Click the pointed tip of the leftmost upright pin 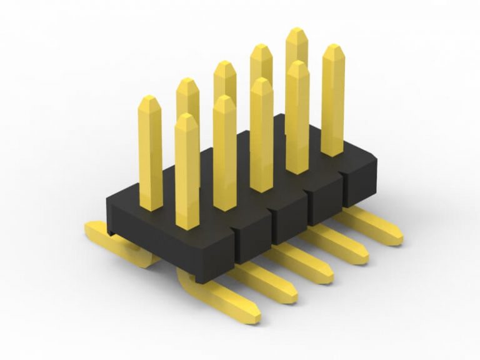[x=149, y=99]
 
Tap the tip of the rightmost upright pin [x=333, y=47]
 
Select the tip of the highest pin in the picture [x=297, y=31]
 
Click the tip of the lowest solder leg [x=254, y=316]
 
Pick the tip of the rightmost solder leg [x=396, y=238]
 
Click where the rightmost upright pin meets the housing [x=332, y=153]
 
